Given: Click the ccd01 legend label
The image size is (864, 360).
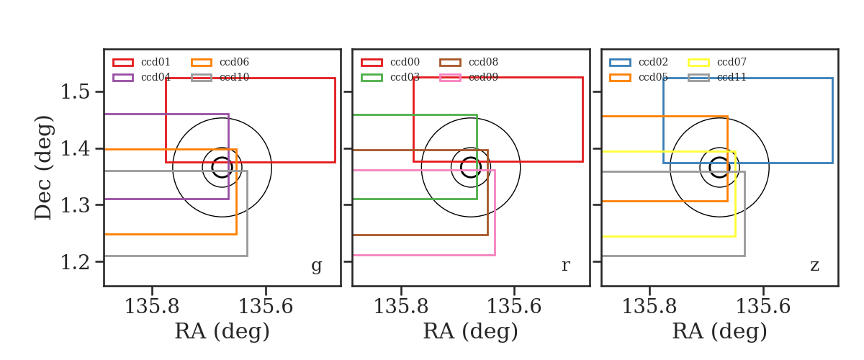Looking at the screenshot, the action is click(156, 62).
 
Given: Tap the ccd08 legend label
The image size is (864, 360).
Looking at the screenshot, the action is click(483, 62).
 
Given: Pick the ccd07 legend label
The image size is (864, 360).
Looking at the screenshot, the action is click(732, 62).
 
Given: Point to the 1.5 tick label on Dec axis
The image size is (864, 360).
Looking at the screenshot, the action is click(75, 92).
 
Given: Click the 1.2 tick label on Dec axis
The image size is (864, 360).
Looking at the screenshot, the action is click(75, 262).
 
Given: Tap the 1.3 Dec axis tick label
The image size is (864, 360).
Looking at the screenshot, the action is click(75, 205).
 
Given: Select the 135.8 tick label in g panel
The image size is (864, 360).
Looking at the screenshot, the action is click(152, 307).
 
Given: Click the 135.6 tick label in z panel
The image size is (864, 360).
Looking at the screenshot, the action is click(763, 307).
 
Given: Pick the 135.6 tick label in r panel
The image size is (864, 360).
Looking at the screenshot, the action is click(514, 307).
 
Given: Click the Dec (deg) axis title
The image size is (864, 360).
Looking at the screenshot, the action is click(42, 168).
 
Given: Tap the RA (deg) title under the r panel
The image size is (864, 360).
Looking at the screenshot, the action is click(471, 331).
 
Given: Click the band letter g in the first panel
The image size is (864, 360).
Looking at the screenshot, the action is click(316, 266).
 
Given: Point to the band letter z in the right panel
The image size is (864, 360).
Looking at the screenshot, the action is click(814, 266).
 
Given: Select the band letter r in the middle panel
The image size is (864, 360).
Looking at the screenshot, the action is click(565, 266).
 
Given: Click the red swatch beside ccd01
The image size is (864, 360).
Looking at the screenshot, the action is click(123, 63).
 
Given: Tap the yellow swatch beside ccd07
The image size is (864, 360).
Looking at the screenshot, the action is click(698, 63).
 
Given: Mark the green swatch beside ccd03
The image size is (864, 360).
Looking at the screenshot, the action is click(372, 78).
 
